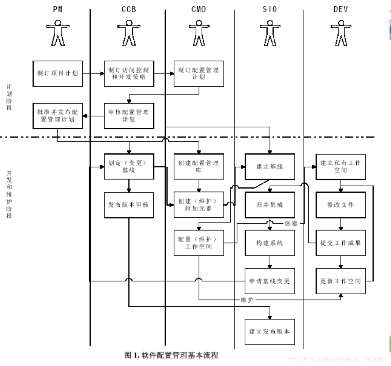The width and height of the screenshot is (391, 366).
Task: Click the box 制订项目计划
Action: tap(57, 74)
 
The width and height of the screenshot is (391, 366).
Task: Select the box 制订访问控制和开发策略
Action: tap(129, 74)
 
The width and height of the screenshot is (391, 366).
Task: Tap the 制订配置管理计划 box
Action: tap(199, 74)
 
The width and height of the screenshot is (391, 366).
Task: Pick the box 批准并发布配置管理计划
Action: tap(57, 116)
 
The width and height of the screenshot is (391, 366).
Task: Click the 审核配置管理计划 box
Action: tap(129, 116)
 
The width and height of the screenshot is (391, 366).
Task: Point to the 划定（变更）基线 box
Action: tap(129, 167)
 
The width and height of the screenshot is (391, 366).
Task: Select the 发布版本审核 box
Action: tap(129, 205)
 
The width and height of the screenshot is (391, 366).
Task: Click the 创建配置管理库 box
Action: tap(199, 167)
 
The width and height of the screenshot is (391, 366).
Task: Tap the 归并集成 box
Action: tap(270, 205)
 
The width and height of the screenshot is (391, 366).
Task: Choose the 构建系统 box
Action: tap(270, 243)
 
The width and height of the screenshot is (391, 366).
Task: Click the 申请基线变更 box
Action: tap(270, 281)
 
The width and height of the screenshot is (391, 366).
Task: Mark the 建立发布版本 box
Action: tap(270, 332)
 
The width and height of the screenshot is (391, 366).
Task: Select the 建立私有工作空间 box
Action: tap(341, 167)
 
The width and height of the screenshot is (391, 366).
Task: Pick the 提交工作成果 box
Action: tap(341, 243)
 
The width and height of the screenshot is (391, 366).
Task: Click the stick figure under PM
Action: tap(58, 33)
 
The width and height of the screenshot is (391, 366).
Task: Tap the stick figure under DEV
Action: tap(341, 33)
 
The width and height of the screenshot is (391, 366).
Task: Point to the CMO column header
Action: tap(199, 9)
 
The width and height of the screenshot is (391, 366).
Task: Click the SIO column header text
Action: tap(270, 9)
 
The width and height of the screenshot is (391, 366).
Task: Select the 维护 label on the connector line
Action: tap(247, 300)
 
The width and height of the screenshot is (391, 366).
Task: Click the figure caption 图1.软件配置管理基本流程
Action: tap(171, 355)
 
